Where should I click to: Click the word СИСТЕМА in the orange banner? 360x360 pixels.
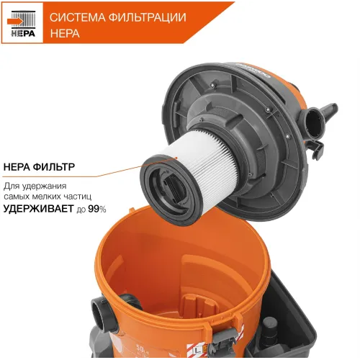76,17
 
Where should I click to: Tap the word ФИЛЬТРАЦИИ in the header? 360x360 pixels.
145,17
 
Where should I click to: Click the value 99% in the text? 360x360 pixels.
97,210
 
